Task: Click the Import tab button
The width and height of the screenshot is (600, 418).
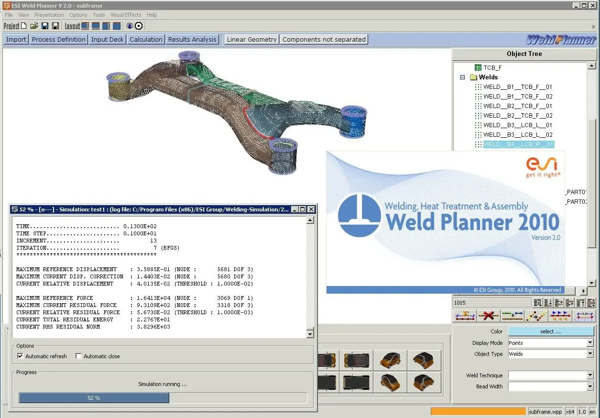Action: (16, 39)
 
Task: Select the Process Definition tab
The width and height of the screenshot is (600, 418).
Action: (59, 39)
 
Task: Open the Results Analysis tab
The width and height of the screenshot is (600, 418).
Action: (192, 39)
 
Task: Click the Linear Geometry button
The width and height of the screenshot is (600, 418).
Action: (251, 39)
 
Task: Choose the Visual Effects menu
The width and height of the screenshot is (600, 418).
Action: (126, 15)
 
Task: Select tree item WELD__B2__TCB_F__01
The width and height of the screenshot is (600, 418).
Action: (517, 106)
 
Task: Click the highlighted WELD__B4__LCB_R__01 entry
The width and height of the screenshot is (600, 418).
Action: (519, 144)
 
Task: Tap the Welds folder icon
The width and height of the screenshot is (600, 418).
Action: (473, 77)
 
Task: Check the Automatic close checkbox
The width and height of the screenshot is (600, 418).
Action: (78, 356)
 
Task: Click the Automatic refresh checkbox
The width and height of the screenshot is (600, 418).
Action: (20, 356)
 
